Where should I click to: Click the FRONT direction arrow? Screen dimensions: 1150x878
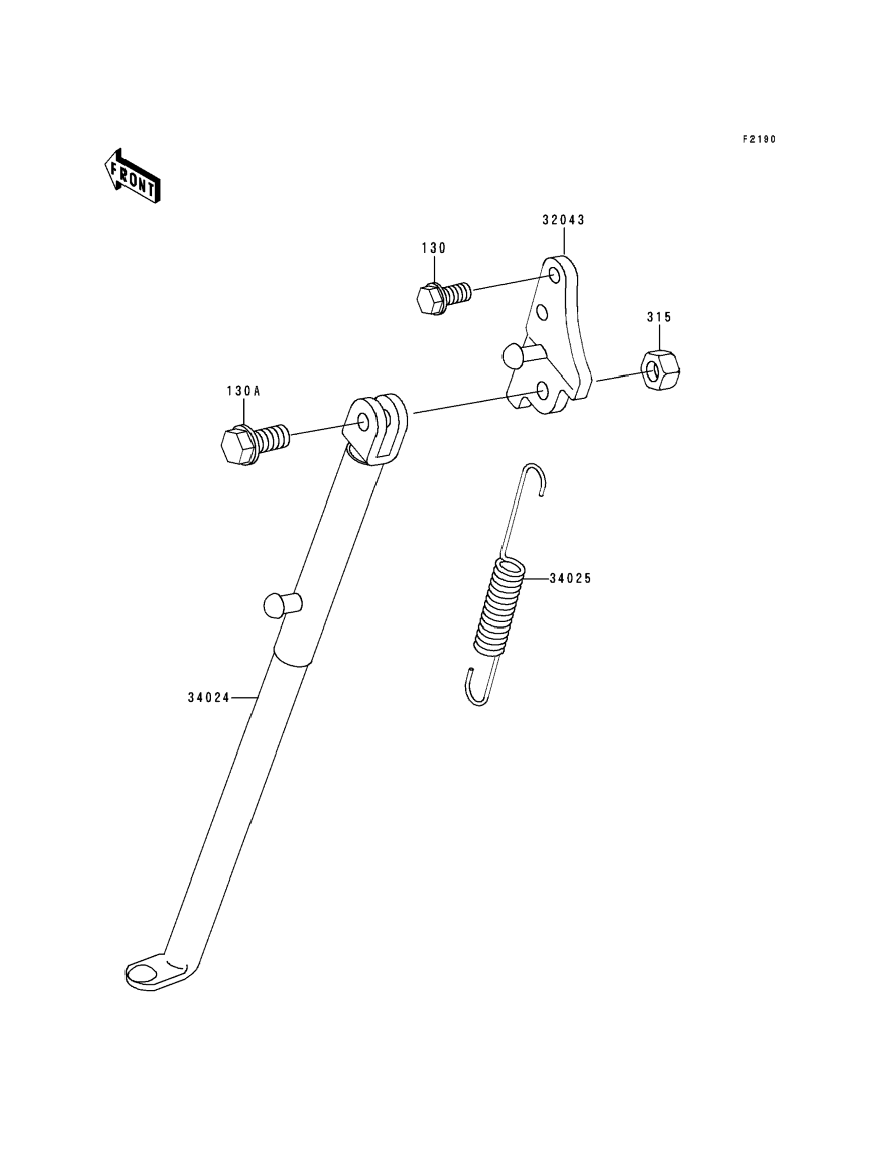coord(132,176)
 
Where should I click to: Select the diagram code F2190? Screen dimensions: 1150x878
coord(759,140)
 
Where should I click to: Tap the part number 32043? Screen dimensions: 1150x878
coord(564,220)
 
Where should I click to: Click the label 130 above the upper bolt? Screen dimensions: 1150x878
coord(434,248)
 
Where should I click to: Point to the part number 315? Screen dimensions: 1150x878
coord(659,317)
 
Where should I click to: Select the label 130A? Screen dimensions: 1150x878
coord(243,391)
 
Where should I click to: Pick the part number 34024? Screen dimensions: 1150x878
coord(208,697)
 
